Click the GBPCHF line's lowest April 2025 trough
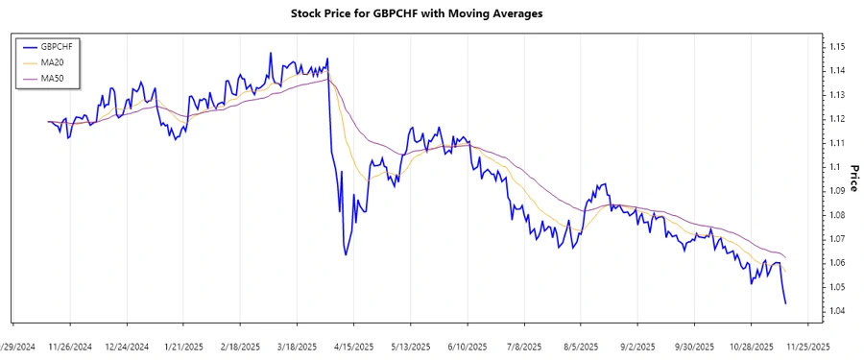pyautogui.click(x=345, y=254)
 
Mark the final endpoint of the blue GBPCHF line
pyautogui.click(x=786, y=303)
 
